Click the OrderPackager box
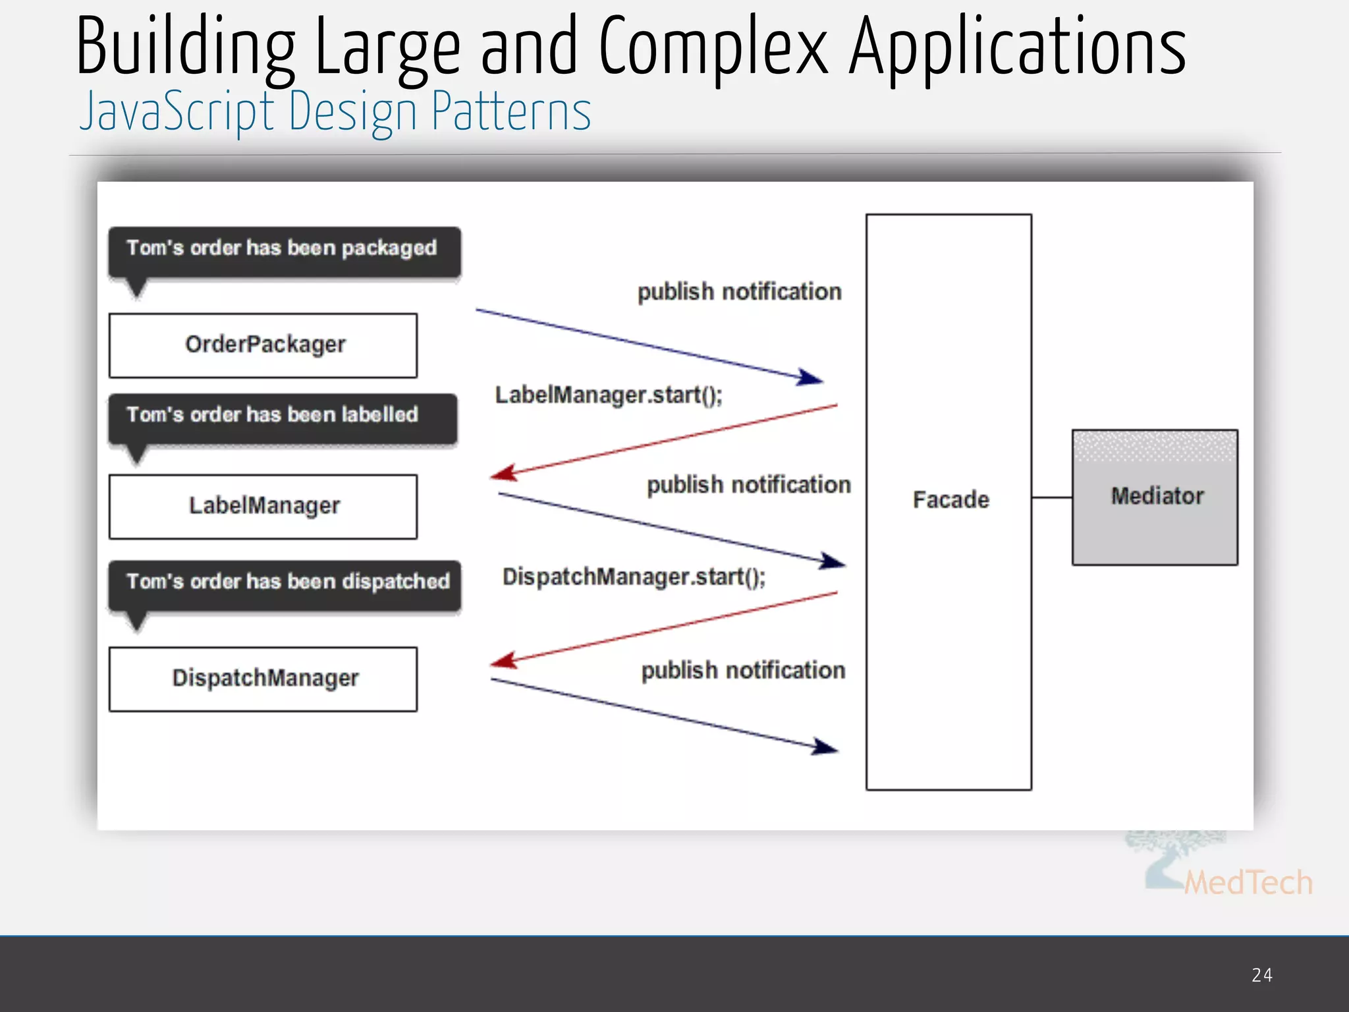point(263,345)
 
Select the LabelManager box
point(263,506)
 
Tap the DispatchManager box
point(263,679)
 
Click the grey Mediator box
point(1155,497)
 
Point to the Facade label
point(950,499)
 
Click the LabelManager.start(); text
point(609,395)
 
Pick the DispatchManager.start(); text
point(634,577)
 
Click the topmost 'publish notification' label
point(739,292)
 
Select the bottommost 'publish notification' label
point(743,671)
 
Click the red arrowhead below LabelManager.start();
point(504,473)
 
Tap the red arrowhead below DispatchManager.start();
point(504,660)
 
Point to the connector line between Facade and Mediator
point(1051,497)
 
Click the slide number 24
point(1261,975)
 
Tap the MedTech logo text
point(1248,883)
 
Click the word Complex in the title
point(713,47)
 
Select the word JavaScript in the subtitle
point(177,111)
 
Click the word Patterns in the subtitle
point(511,111)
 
